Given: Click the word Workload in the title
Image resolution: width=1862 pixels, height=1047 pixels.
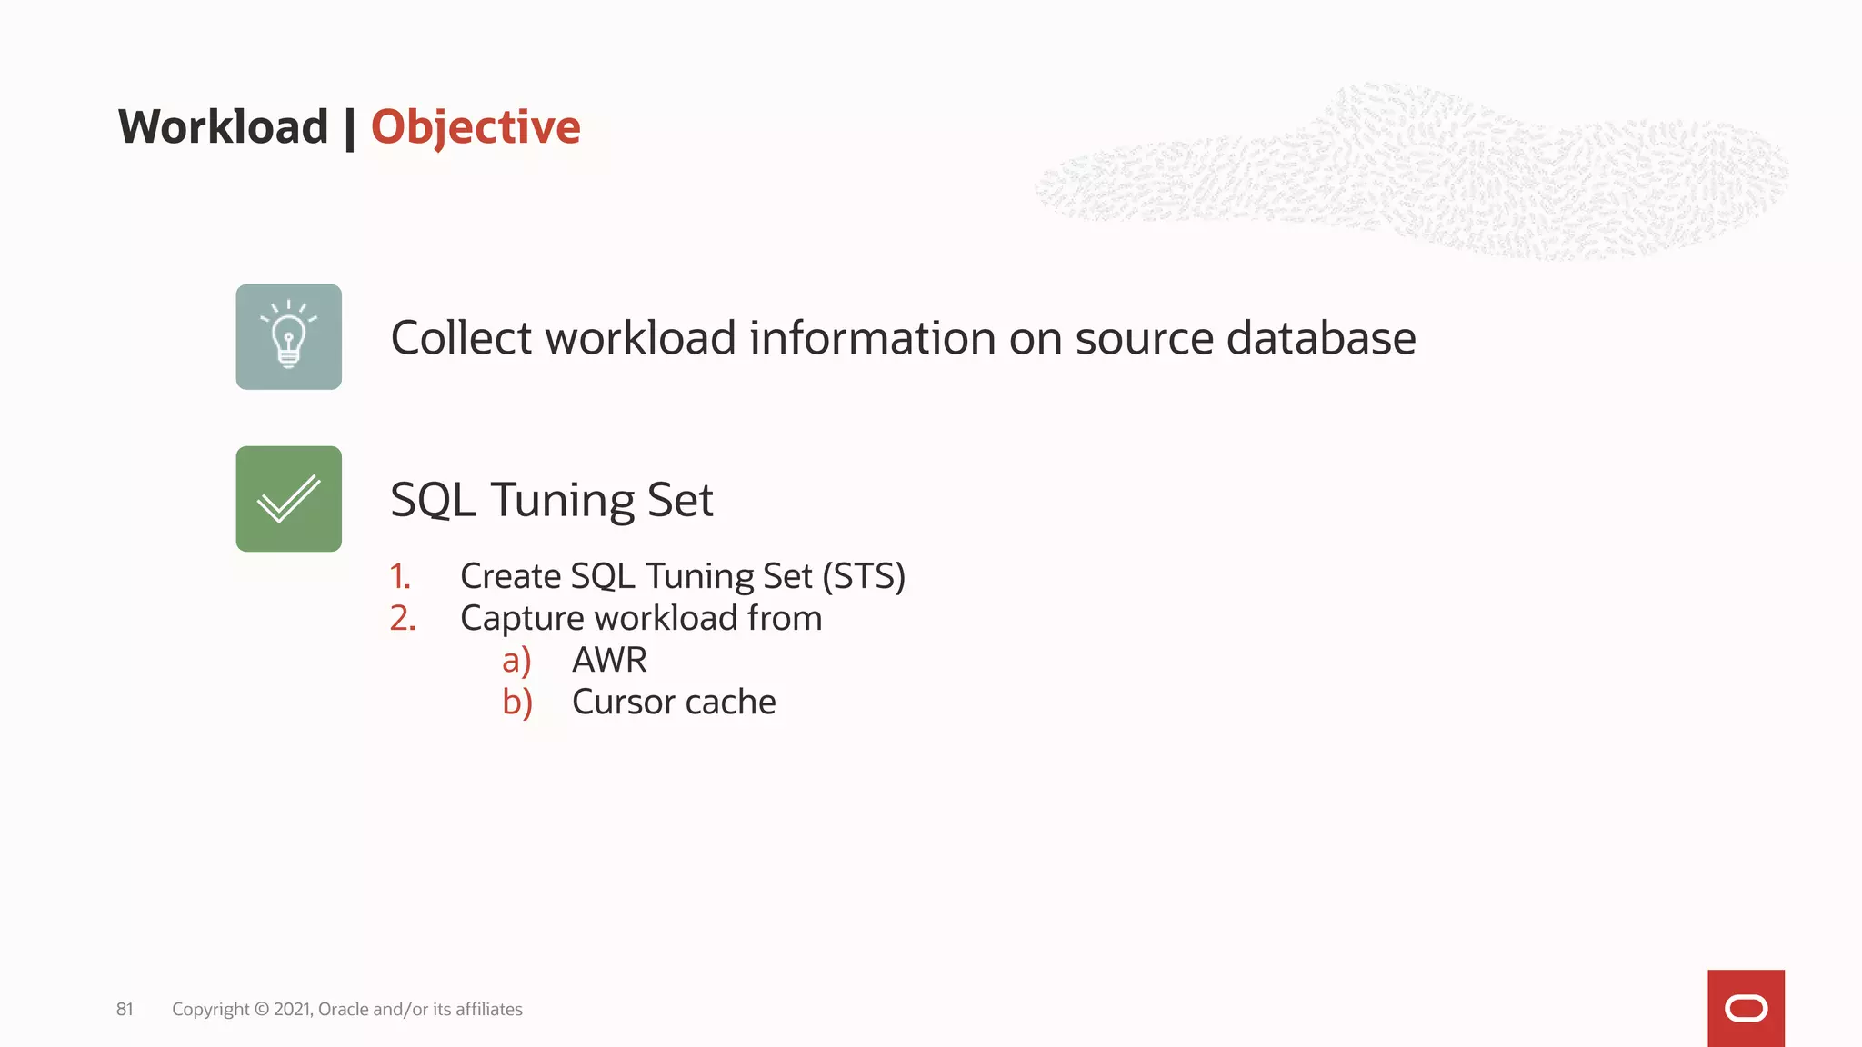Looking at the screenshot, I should click(x=223, y=126).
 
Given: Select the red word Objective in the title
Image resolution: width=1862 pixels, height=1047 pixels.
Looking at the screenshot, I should click(x=475, y=126).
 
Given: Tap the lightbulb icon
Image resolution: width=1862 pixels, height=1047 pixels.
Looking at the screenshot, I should click(x=289, y=337).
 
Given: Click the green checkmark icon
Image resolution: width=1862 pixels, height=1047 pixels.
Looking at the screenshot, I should click(x=289, y=499).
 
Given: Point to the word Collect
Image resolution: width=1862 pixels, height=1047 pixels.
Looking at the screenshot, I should click(x=461, y=338).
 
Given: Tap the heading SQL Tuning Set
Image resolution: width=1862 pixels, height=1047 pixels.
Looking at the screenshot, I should click(x=552, y=500).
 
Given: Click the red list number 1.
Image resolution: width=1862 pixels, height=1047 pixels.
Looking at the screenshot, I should click(x=400, y=576).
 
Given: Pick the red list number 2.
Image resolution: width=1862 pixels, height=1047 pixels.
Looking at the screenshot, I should click(x=403, y=618).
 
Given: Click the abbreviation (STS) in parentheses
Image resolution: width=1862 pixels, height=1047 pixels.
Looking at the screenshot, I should click(x=864, y=576).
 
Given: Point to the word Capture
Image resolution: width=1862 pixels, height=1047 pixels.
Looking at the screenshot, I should click(x=522, y=619).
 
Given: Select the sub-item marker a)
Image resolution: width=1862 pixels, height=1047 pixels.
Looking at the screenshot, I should click(x=516, y=660).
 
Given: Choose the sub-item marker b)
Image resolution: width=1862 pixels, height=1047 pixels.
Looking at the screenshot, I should click(x=517, y=702).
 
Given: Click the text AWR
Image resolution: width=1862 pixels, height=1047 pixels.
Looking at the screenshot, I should click(x=609, y=660).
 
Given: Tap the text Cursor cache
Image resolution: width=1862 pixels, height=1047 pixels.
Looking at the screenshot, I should click(x=674, y=702).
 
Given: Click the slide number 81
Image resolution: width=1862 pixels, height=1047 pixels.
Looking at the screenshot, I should click(x=125, y=1009).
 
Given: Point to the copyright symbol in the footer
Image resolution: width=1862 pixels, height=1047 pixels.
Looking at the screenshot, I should click(x=262, y=1009).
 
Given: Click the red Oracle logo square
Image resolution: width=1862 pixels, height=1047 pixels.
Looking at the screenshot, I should click(x=1746, y=1008).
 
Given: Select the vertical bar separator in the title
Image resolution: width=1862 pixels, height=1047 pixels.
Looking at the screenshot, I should click(x=350, y=127).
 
